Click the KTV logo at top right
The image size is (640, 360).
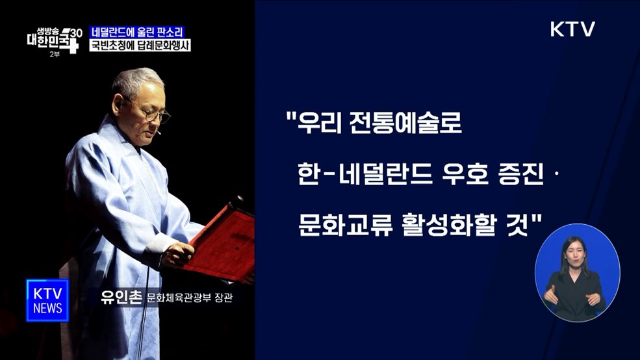pyautogui.click(x=572, y=29)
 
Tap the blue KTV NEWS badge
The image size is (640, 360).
pyautogui.click(x=47, y=300)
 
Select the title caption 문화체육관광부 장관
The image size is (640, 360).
pyautogui.click(x=189, y=300)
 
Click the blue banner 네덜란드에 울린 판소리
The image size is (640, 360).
pyautogui.click(x=136, y=32)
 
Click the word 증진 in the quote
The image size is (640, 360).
pyautogui.click(x=521, y=174)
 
